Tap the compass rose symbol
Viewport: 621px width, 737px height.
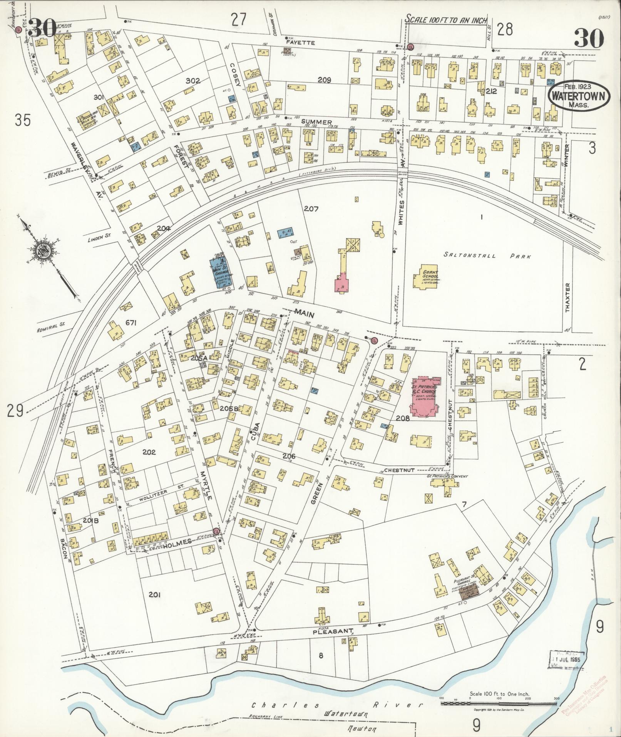point(42,252)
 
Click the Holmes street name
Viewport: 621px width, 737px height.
point(179,542)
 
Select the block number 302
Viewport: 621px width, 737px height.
point(192,81)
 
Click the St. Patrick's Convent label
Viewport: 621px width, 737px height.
point(447,477)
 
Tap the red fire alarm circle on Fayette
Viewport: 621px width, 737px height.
point(410,47)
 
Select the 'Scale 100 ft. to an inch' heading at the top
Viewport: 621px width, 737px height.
point(447,20)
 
